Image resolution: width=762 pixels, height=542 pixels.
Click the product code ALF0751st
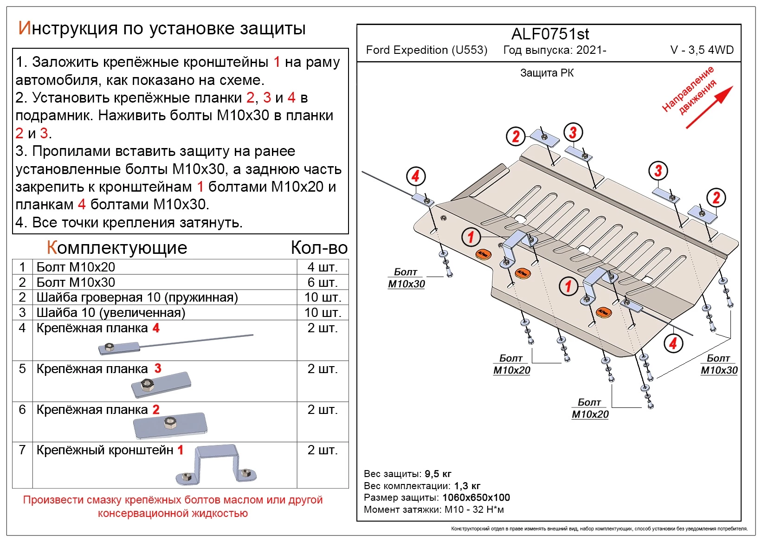click(550, 34)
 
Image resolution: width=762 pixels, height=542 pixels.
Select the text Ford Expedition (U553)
click(426, 50)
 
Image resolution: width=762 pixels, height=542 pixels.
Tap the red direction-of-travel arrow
click(709, 107)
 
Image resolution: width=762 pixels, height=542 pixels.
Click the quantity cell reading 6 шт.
click(323, 282)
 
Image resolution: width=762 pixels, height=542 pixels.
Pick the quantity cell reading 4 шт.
click(323, 267)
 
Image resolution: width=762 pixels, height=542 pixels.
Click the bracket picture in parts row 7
click(216, 465)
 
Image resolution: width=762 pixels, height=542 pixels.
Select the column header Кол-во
click(319, 248)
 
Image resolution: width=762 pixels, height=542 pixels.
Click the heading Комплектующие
click(117, 248)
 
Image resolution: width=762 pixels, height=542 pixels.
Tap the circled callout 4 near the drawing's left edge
click(415, 176)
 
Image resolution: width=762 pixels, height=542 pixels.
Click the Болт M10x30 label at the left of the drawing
click(406, 278)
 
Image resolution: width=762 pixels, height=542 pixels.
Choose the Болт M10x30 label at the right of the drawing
click(719, 364)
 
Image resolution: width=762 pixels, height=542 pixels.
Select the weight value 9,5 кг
click(438, 474)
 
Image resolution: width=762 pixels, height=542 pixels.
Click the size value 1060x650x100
click(476, 497)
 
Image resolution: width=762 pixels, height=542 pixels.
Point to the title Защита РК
click(547, 73)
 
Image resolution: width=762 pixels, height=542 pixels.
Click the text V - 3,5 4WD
click(702, 50)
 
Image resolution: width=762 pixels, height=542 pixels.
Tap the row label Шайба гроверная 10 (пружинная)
click(137, 297)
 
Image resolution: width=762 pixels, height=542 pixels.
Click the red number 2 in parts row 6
click(156, 409)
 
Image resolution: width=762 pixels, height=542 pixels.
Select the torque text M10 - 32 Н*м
click(474, 510)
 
